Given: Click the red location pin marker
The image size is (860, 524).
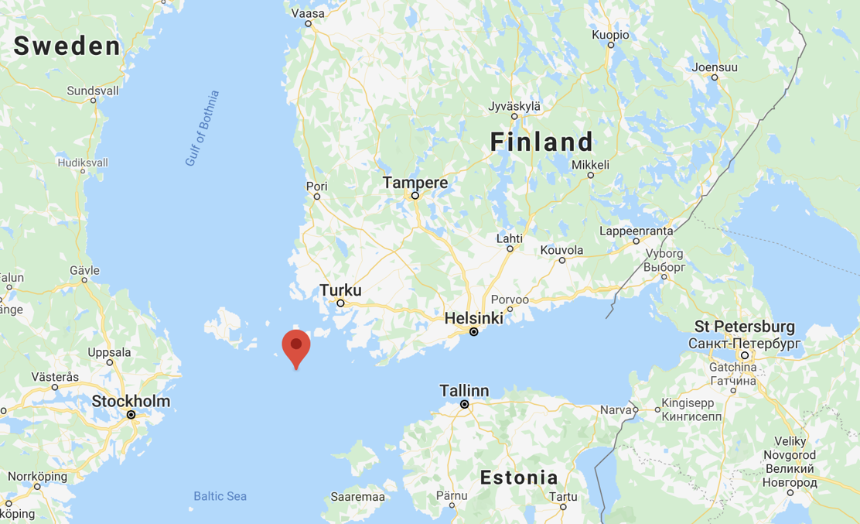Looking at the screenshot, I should (295, 345).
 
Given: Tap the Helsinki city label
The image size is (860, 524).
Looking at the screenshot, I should (473, 318).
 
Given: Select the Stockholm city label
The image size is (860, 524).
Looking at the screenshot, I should (131, 401).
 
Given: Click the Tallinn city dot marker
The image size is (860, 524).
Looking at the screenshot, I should (465, 404).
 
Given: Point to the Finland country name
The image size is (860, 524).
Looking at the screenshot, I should (542, 142).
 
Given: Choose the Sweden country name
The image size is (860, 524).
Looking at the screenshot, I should (67, 46).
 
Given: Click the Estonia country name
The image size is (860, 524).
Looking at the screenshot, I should (519, 477).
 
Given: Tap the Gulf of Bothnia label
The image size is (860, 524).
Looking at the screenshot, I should (203, 128).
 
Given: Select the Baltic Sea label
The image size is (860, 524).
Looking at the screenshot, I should (220, 496).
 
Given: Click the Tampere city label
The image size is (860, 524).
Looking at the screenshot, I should (415, 183).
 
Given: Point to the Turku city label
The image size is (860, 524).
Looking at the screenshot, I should (340, 290).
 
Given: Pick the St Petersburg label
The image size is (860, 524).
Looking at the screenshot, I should (745, 326).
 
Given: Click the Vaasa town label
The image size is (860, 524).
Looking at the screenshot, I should (307, 12).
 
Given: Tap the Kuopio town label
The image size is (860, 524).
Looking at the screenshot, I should (610, 35).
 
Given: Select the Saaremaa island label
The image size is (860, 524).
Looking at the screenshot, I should (357, 496).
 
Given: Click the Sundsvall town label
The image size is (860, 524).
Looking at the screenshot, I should (93, 91).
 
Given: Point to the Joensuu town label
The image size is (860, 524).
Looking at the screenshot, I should (715, 67).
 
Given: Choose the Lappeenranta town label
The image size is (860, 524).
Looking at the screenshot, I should (636, 231).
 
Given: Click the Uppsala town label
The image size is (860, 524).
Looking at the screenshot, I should (109, 352).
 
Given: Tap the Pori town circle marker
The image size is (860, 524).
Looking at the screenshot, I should (317, 197).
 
